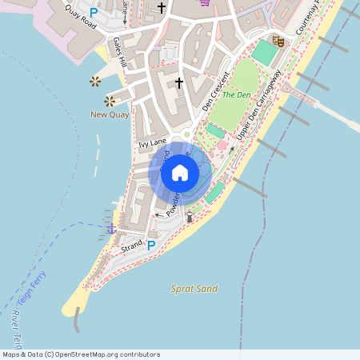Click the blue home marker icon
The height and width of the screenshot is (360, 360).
click(x=180, y=172)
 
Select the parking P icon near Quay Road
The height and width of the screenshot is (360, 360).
click(x=94, y=12)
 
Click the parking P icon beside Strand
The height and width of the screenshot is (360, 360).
click(x=152, y=245)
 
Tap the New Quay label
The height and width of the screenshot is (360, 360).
click(x=110, y=114)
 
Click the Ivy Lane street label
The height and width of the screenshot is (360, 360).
click(x=151, y=143)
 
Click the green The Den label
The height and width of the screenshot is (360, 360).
click(x=237, y=94)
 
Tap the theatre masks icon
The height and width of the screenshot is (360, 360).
click(x=278, y=41)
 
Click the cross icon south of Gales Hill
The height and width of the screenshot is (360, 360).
click(x=179, y=82)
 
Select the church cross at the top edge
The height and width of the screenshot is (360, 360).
click(x=162, y=8)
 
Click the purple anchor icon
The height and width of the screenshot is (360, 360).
click(x=112, y=230)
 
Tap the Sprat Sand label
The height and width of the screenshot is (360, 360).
click(x=194, y=288)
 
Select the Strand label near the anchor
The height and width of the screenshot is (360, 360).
click(x=131, y=249)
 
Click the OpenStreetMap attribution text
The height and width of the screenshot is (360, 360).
click(x=81, y=354)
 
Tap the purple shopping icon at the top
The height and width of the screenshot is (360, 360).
click(x=206, y=2)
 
